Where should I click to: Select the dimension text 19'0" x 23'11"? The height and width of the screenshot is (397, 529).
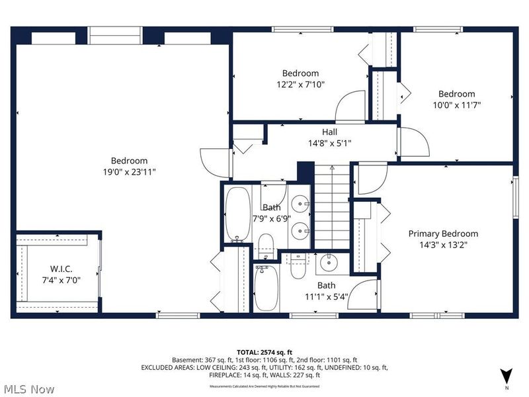[x=129, y=171]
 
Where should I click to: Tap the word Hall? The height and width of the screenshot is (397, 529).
[x=329, y=132]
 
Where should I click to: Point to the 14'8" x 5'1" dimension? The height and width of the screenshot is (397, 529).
[x=329, y=143]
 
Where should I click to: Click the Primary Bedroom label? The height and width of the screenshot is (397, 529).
[x=442, y=234]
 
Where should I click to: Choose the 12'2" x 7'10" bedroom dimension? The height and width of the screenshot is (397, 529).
[x=300, y=84]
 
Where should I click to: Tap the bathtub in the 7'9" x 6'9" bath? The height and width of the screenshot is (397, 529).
[x=236, y=213]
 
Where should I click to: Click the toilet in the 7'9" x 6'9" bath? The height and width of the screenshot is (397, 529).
[x=266, y=245]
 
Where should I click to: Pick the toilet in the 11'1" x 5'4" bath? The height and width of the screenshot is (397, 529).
[x=297, y=269]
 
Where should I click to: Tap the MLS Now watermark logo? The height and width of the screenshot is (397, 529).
[x=29, y=388]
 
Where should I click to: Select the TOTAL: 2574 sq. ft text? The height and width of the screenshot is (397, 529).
[x=264, y=352]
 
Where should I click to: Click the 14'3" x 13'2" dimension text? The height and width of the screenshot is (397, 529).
[x=442, y=244]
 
